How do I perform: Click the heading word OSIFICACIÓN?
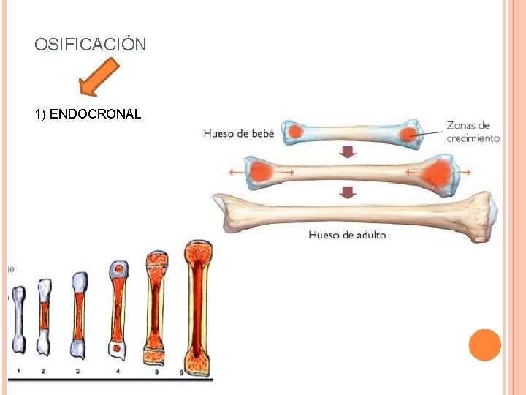point(90,45)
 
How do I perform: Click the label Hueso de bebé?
point(238,133)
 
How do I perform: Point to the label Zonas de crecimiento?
point(473,132)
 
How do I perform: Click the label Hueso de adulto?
point(348,235)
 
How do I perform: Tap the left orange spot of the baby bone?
point(297,132)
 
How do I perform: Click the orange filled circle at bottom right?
point(484,345)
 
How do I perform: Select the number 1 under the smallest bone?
point(18,371)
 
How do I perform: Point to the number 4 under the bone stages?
point(118,371)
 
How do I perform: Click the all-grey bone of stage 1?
point(18,320)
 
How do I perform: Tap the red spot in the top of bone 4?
point(118,270)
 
